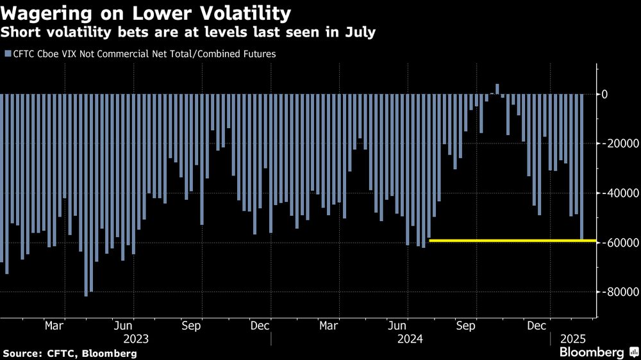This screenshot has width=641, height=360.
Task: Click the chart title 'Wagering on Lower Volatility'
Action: (x=146, y=13)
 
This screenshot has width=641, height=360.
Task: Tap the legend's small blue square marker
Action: (x=7, y=54)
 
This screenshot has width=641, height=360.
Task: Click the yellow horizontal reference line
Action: (x=513, y=240)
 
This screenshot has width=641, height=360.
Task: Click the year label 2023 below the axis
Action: (x=136, y=338)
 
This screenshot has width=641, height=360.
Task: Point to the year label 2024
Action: (x=410, y=338)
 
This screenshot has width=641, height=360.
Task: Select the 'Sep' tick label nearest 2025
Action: (x=466, y=325)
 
